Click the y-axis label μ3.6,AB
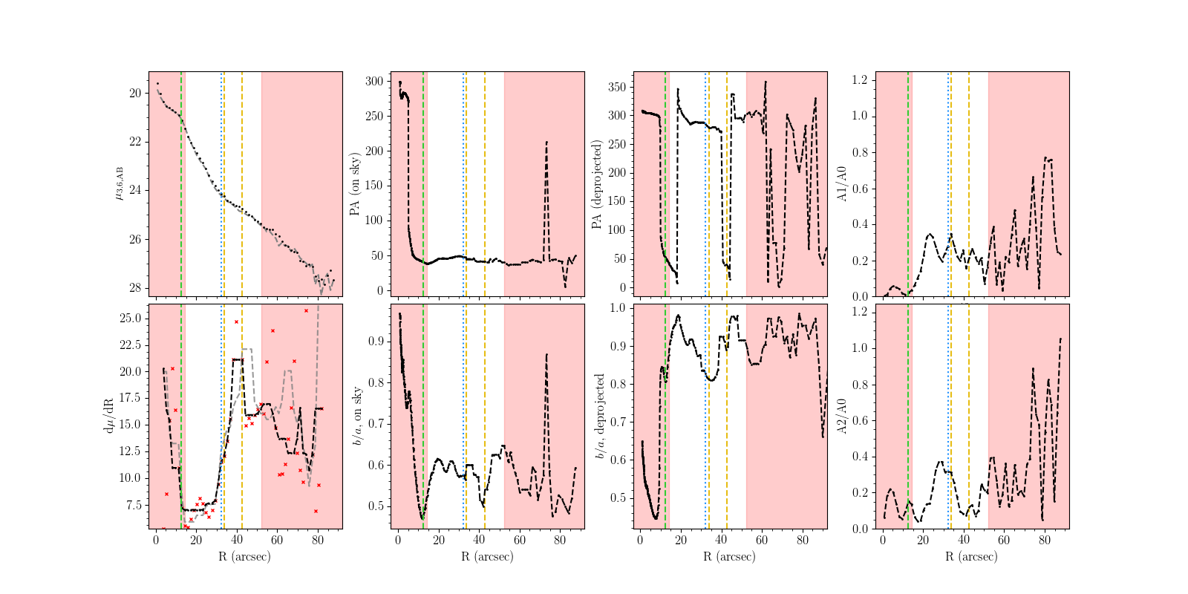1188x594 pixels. click(119, 184)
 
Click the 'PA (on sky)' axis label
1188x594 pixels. click(354, 184)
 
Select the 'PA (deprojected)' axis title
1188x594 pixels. click(595, 184)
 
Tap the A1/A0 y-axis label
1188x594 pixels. click(841, 184)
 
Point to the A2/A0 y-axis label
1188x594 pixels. click(841, 417)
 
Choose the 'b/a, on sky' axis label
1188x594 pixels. click(357, 417)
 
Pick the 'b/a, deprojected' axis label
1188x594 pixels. click(599, 417)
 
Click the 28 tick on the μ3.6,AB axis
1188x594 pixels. click(135, 288)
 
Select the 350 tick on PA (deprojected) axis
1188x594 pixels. click(616, 87)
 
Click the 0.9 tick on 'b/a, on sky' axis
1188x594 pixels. click(376, 342)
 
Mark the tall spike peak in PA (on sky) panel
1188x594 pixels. click(546, 142)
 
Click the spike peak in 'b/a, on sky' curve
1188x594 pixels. click(546, 354)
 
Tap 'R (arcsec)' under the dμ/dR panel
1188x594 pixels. click(245, 556)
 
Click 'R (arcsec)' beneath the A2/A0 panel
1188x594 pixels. click(972, 556)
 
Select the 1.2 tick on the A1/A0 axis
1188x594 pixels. click(859, 79)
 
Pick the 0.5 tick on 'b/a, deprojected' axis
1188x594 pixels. click(618, 497)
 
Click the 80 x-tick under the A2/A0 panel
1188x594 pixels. click(1045, 541)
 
